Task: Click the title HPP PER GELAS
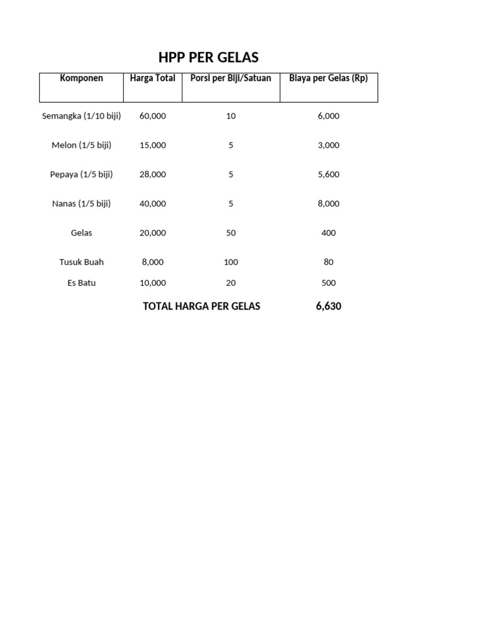pyautogui.click(x=208, y=58)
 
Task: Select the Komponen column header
pyautogui.click(x=81, y=78)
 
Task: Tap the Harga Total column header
pyautogui.click(x=152, y=78)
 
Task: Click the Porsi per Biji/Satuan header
pyautogui.click(x=231, y=78)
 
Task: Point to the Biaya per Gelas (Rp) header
pyautogui.click(x=328, y=78)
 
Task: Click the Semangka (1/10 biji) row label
pyautogui.click(x=81, y=116)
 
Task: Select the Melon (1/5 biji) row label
pyautogui.click(x=81, y=145)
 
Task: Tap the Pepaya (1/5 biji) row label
pyautogui.click(x=81, y=175)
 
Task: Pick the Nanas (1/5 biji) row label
pyautogui.click(x=81, y=203)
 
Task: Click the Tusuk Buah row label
pyautogui.click(x=81, y=262)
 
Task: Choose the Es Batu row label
pyautogui.click(x=81, y=283)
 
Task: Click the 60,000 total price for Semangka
pyautogui.click(x=153, y=116)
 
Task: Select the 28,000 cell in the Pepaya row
pyautogui.click(x=153, y=175)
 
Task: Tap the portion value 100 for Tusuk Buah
pyautogui.click(x=231, y=262)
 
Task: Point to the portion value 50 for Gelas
pyautogui.click(x=231, y=233)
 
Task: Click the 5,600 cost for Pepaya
pyautogui.click(x=328, y=175)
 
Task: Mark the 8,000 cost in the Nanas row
pyautogui.click(x=328, y=203)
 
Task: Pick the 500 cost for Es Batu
pyautogui.click(x=328, y=283)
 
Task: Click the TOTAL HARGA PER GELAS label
pyautogui.click(x=201, y=306)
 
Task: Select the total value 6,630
pyautogui.click(x=328, y=306)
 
